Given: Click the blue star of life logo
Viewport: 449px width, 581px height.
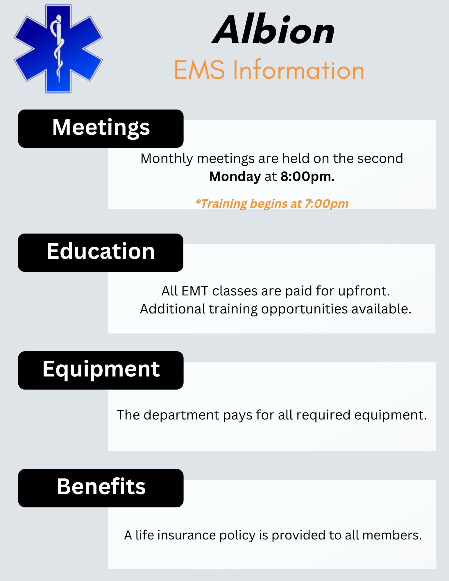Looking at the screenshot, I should click(x=58, y=49).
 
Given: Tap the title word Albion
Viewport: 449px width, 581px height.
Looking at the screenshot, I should click(x=273, y=31).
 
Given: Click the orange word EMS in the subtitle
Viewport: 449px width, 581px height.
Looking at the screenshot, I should click(x=199, y=70).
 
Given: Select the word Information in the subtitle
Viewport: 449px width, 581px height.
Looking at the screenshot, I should click(x=298, y=70).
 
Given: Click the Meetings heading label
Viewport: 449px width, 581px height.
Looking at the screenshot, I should click(x=101, y=128).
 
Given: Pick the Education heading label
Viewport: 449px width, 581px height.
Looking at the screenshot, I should click(x=101, y=252).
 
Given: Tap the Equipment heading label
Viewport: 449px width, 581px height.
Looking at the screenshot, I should click(x=101, y=370).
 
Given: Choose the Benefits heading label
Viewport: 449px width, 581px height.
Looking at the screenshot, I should click(x=101, y=487).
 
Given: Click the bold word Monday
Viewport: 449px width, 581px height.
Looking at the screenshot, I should click(x=235, y=177).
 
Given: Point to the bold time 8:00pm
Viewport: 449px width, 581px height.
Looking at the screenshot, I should click(x=307, y=177).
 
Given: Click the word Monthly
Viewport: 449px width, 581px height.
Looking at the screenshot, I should click(x=167, y=159).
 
